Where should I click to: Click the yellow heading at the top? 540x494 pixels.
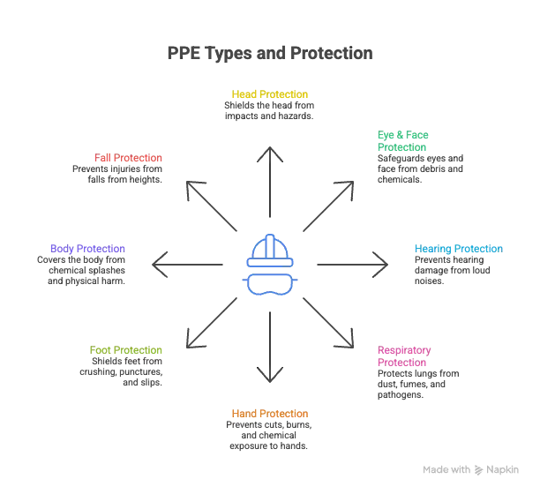click(x=269, y=93)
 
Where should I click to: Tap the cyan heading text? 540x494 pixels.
click(x=459, y=249)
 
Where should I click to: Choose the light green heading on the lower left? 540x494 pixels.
click(x=125, y=351)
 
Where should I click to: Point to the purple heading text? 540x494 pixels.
click(x=88, y=249)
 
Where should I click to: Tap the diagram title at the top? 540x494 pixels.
click(x=269, y=55)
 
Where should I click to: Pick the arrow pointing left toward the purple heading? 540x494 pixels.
click(x=187, y=264)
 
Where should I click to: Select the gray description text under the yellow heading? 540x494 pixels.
click(x=268, y=110)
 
